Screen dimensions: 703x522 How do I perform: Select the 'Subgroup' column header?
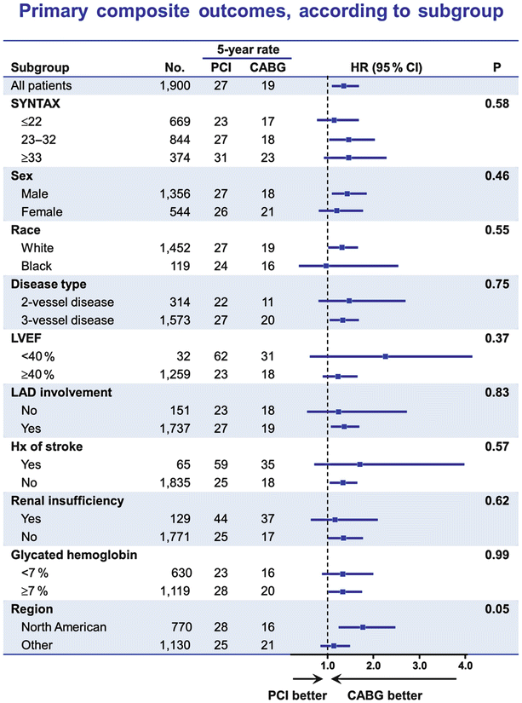[39, 67]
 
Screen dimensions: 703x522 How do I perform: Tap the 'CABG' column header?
[267, 67]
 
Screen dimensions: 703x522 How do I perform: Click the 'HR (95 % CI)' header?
[387, 67]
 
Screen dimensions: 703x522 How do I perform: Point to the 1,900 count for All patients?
[181, 85]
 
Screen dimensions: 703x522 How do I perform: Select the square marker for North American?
[363, 627]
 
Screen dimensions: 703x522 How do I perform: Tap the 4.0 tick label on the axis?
[466, 664]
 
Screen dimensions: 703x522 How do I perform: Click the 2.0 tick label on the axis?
[373, 664]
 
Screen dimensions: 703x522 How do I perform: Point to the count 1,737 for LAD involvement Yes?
[181, 426]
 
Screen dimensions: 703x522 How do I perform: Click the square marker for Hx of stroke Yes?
[360, 464]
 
